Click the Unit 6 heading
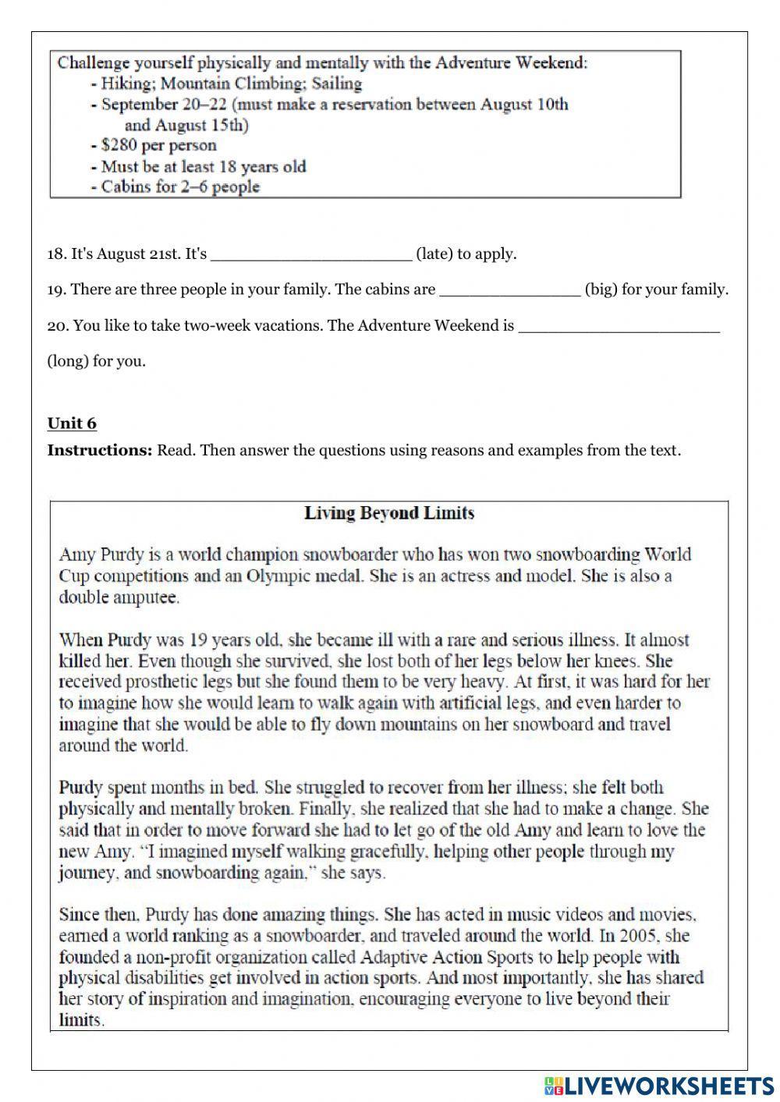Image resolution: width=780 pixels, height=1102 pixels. click(72, 423)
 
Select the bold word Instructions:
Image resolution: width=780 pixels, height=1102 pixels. click(100, 450)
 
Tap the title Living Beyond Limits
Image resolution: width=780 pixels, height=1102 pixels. click(388, 513)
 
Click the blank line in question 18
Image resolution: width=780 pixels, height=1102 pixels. click(311, 254)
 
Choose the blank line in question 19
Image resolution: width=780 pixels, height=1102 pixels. click(510, 290)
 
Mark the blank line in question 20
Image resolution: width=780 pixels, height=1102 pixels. click(619, 326)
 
